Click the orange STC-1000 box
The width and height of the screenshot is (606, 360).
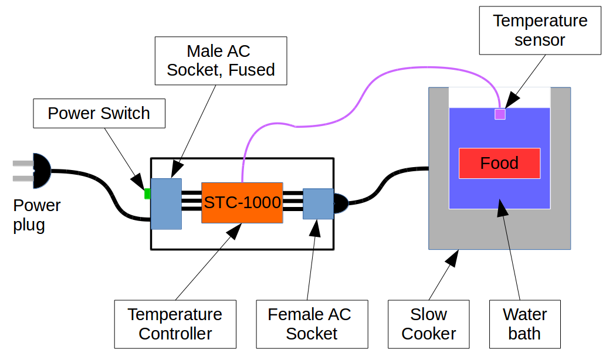pyautogui.click(x=242, y=202)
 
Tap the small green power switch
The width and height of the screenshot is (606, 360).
pyautogui.click(x=148, y=193)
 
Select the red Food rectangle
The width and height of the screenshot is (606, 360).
pyautogui.click(x=499, y=163)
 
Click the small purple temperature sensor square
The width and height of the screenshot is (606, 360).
pyautogui.click(x=500, y=114)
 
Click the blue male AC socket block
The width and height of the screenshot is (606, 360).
pyautogui.click(x=166, y=203)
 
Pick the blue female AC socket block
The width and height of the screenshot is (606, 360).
pyautogui.click(x=317, y=203)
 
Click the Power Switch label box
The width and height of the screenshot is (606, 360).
pyautogui.click(x=99, y=113)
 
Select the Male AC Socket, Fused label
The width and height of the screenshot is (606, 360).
pyautogui.click(x=221, y=60)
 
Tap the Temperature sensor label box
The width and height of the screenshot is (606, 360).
pyautogui.click(x=540, y=30)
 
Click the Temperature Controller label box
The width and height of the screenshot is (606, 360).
pyautogui.click(x=175, y=324)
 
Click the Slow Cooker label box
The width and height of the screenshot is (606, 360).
pyautogui.click(x=428, y=324)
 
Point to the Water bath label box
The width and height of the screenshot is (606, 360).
pyautogui.click(x=524, y=324)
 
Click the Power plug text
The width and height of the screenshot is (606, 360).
pyautogui.click(x=36, y=215)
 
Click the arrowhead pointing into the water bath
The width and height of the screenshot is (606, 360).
pyautogui.click(x=502, y=208)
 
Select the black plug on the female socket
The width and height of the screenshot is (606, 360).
pyautogui.click(x=340, y=203)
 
